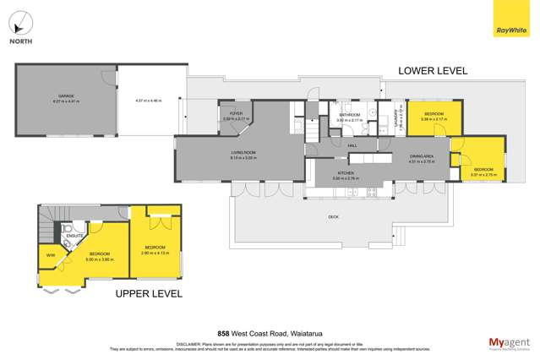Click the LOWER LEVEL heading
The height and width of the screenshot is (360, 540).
[433, 71]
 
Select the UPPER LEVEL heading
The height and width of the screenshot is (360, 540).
[149, 293]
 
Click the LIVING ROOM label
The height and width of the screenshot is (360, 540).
[243, 153]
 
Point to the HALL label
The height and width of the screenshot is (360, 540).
[352, 145]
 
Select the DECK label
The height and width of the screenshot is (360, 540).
[334, 217]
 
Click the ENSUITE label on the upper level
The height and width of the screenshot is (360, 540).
[75, 236]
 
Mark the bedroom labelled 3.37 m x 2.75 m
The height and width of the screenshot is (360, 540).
[484, 172]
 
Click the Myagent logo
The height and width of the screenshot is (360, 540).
[510, 342]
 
